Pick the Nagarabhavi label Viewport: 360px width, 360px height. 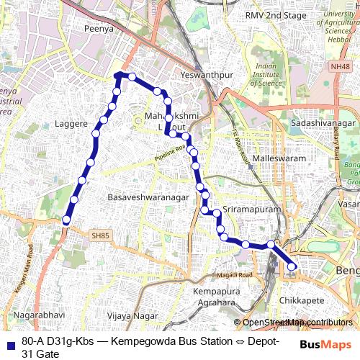34,315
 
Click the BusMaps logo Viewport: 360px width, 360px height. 326,344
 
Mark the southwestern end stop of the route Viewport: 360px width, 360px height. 66,220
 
